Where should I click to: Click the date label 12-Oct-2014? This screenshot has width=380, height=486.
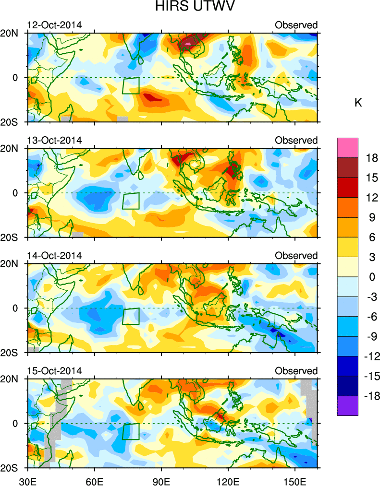click(54, 25)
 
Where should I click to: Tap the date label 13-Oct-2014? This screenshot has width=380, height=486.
click(54, 140)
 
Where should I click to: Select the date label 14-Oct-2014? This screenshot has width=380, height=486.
click(54, 255)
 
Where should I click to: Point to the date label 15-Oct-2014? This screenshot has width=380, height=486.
click(54, 371)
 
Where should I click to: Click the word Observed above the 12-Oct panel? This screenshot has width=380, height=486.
click(296, 25)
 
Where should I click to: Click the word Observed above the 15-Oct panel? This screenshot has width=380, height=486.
click(296, 371)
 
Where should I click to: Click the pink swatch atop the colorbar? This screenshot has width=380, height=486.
click(347, 148)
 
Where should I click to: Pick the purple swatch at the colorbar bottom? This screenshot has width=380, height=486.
click(347, 406)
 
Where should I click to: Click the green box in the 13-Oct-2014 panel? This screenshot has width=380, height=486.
click(131, 201)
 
